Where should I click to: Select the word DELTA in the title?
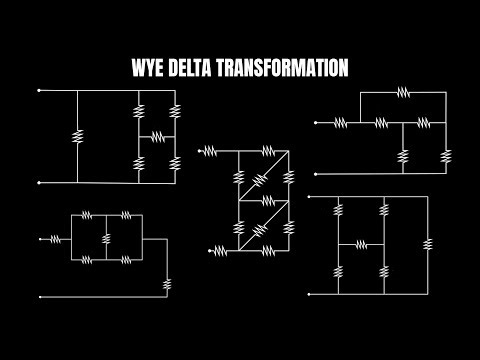pos(198,68)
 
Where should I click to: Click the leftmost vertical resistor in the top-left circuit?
pos(77,136)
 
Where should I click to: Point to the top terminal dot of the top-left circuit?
pos(39,91)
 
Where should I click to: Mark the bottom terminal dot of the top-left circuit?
pos(39,183)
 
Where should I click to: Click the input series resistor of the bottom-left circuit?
pos(55,239)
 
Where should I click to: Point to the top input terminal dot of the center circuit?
pos(202,152)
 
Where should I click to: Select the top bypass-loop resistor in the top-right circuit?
pos(402,91)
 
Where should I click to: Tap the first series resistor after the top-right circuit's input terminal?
pos(340,123)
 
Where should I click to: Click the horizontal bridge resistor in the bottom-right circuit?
pos(361,244)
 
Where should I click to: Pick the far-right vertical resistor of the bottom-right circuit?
pos(428,244)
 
